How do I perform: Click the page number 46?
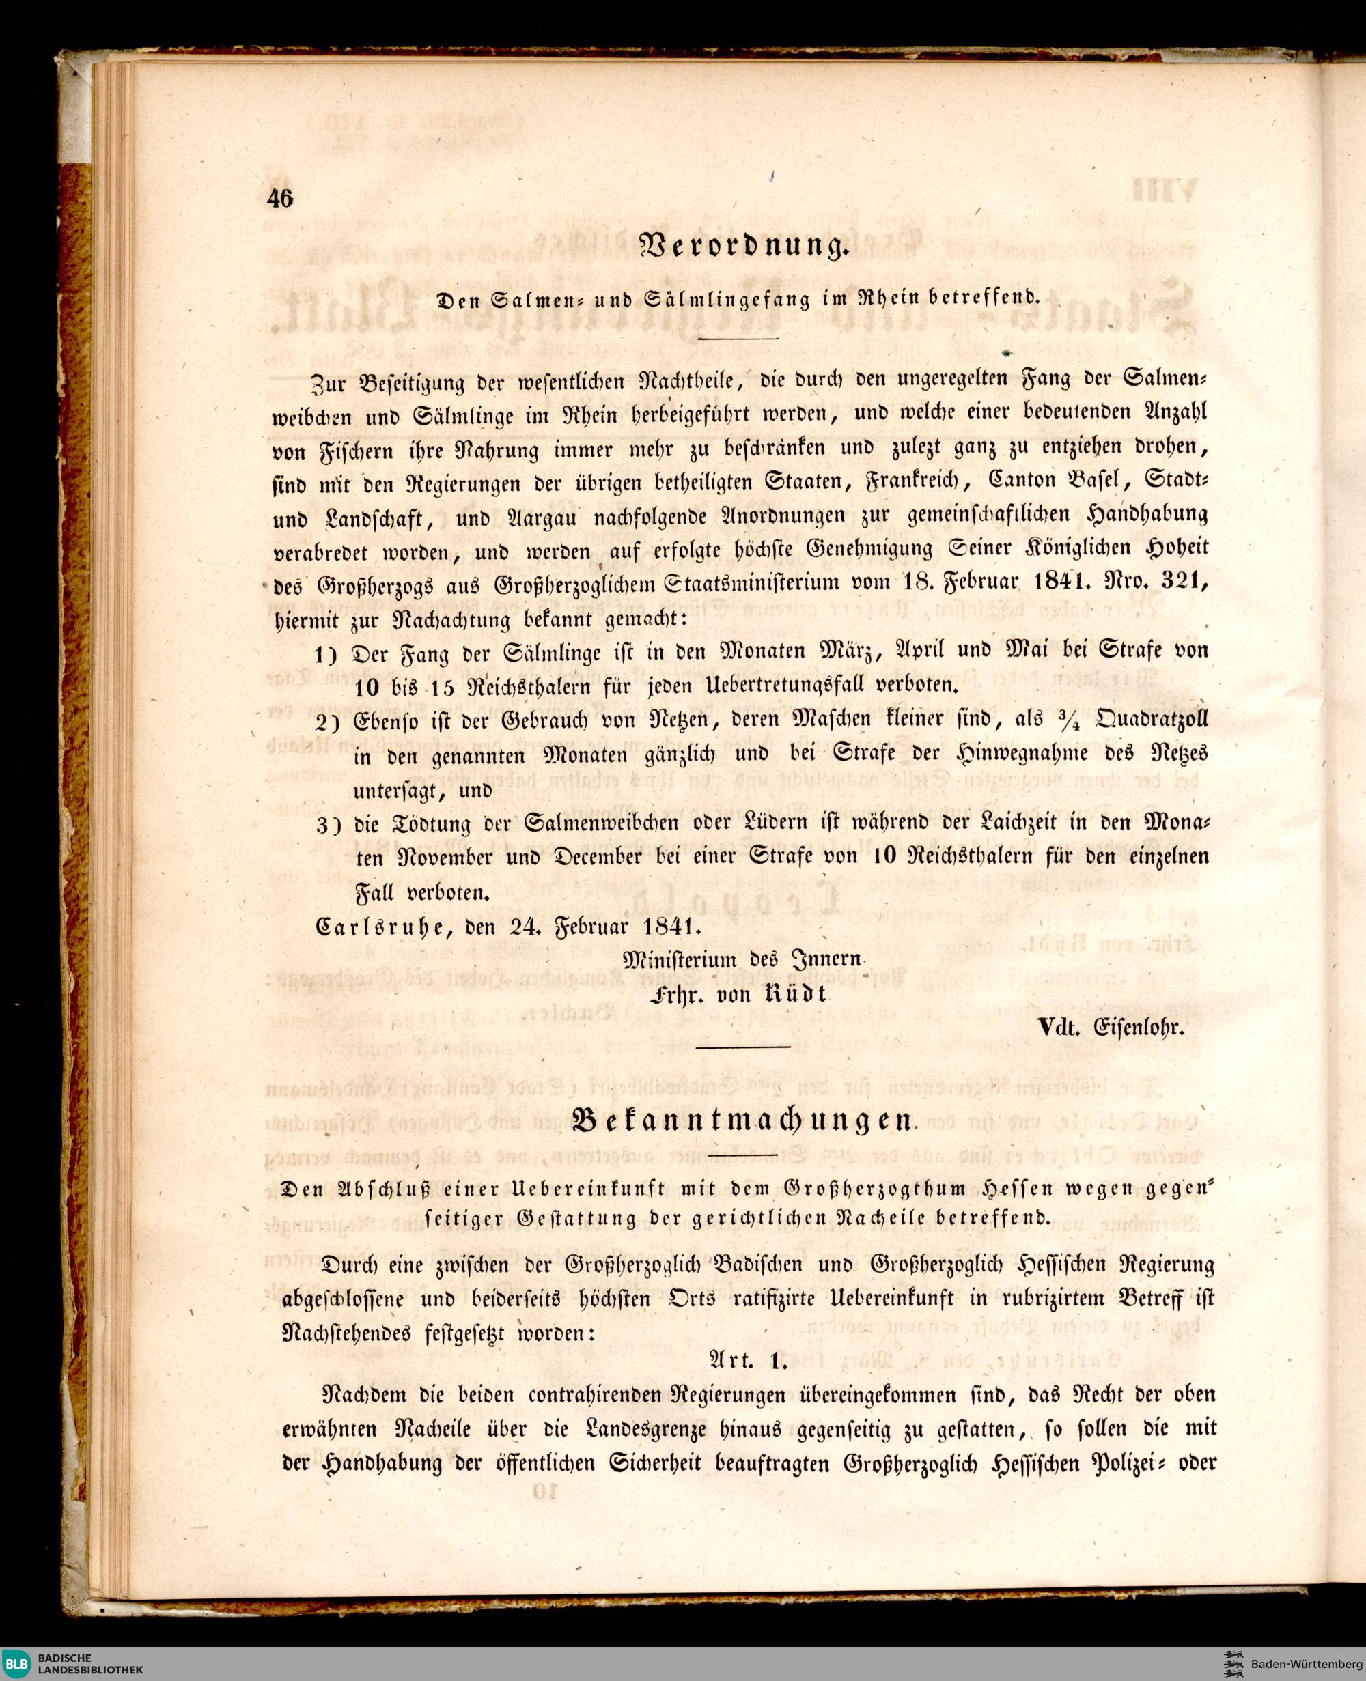pos(280,199)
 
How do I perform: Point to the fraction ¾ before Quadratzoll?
pos(1076,720)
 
